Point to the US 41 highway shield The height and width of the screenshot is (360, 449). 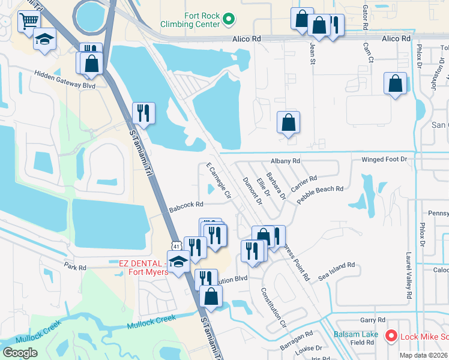click(x=175, y=245)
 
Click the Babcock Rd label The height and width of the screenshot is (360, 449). click(x=186, y=205)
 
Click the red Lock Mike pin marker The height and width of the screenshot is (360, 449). click(x=391, y=337)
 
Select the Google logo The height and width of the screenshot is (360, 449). click(x=20, y=352)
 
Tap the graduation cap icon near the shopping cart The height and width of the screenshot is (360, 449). click(x=44, y=40)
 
